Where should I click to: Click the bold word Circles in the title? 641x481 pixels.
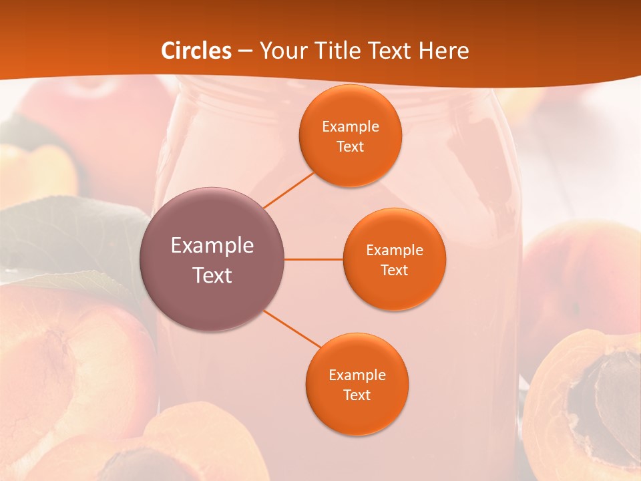click(196, 51)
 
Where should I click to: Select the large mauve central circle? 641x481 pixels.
click(212, 259)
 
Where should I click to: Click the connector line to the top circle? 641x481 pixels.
click(288, 190)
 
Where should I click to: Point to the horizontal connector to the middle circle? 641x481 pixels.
click(314, 259)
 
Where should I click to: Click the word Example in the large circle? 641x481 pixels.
click(212, 245)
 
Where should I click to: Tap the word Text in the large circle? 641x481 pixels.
click(212, 275)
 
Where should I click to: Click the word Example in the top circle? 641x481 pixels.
click(350, 126)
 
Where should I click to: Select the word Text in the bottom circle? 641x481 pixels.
click(357, 395)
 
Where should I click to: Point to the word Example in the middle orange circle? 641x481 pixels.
click(394, 250)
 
